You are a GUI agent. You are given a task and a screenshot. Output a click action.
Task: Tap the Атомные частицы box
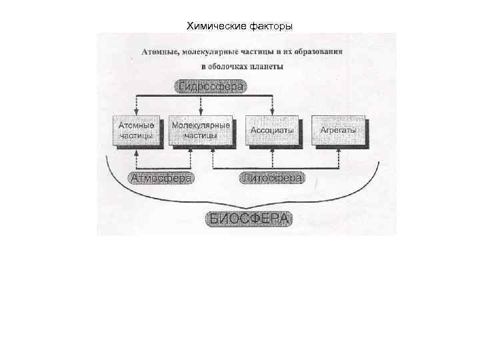[x=136, y=130]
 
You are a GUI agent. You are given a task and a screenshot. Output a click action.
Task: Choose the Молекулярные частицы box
[x=201, y=130]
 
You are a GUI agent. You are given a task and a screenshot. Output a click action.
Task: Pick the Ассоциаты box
[x=272, y=131]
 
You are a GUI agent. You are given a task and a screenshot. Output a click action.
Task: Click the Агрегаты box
[x=339, y=130]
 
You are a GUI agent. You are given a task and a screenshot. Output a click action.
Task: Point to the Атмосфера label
[x=162, y=178]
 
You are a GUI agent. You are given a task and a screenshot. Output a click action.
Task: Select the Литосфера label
[x=272, y=178]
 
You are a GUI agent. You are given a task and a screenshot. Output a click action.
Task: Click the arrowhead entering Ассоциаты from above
[x=272, y=112]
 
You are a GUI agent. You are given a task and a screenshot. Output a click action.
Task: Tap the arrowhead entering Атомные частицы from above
[x=136, y=112]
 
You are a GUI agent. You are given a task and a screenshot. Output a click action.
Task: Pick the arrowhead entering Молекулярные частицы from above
[x=201, y=112]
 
